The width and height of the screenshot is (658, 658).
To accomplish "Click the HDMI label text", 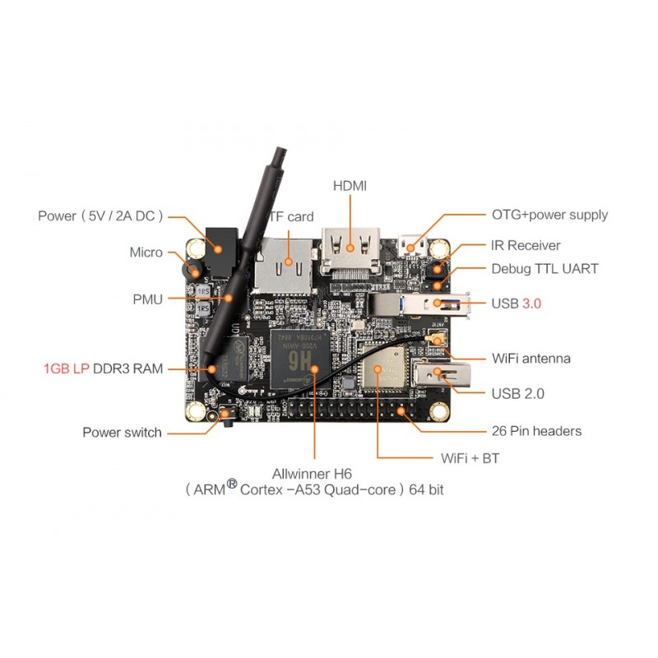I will tap(350, 186).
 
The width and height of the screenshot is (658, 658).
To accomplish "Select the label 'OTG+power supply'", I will tap(549, 215).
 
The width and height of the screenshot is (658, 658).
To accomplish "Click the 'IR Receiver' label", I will tap(526, 245).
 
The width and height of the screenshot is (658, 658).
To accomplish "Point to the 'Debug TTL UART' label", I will tap(544, 269).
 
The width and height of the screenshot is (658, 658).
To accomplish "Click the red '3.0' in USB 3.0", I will tap(531, 304).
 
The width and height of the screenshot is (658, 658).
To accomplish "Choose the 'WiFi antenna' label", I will tap(531, 359).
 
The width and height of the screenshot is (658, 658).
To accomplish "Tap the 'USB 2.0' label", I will tap(517, 394).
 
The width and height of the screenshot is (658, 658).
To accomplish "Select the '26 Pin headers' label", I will tap(536, 431).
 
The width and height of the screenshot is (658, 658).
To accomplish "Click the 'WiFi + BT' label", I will tap(470, 458).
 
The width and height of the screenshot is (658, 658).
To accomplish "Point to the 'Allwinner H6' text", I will tap(316, 474).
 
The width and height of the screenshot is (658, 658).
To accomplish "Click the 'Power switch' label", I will tap(122, 432).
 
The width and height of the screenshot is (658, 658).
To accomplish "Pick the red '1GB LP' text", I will tap(67, 368).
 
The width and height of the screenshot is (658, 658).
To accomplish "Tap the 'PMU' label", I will tap(148, 299).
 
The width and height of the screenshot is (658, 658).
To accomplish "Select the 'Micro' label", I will tap(146, 253).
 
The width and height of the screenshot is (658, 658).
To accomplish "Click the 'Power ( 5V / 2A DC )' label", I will tap(100, 215).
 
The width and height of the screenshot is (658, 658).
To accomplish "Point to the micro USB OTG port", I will tap(411, 245).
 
